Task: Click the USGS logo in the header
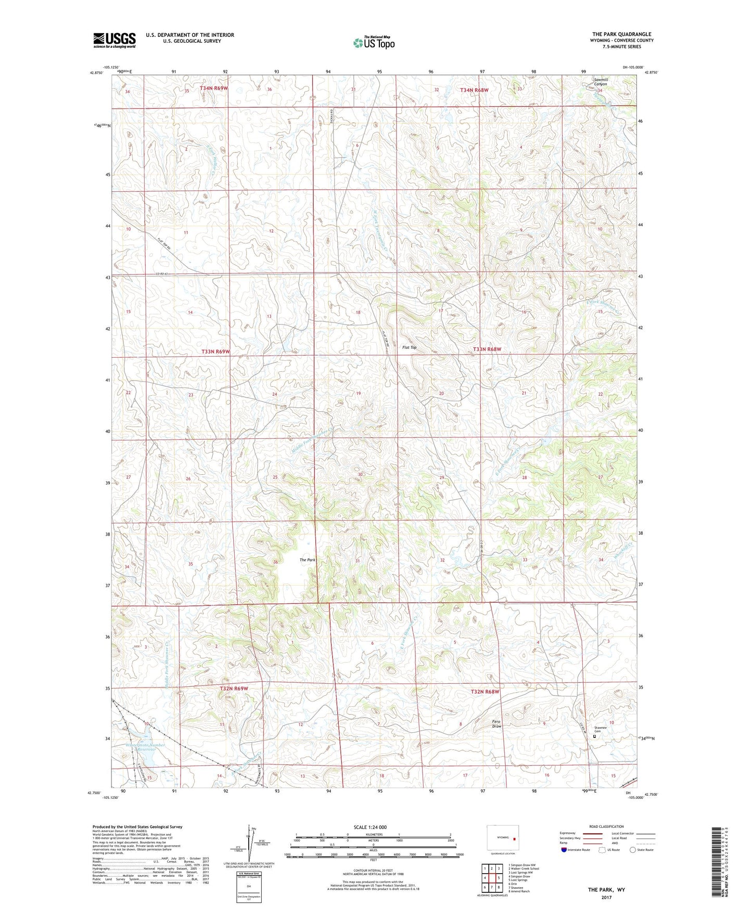114,40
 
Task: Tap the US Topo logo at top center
374,43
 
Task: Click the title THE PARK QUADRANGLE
621,34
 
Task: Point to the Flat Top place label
410,347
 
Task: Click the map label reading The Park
307,560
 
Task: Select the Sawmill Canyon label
601,82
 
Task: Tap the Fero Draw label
496,723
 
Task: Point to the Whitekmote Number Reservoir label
145,747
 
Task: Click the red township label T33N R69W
215,352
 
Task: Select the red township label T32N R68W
485,692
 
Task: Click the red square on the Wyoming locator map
514,838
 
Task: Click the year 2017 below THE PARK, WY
606,897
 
